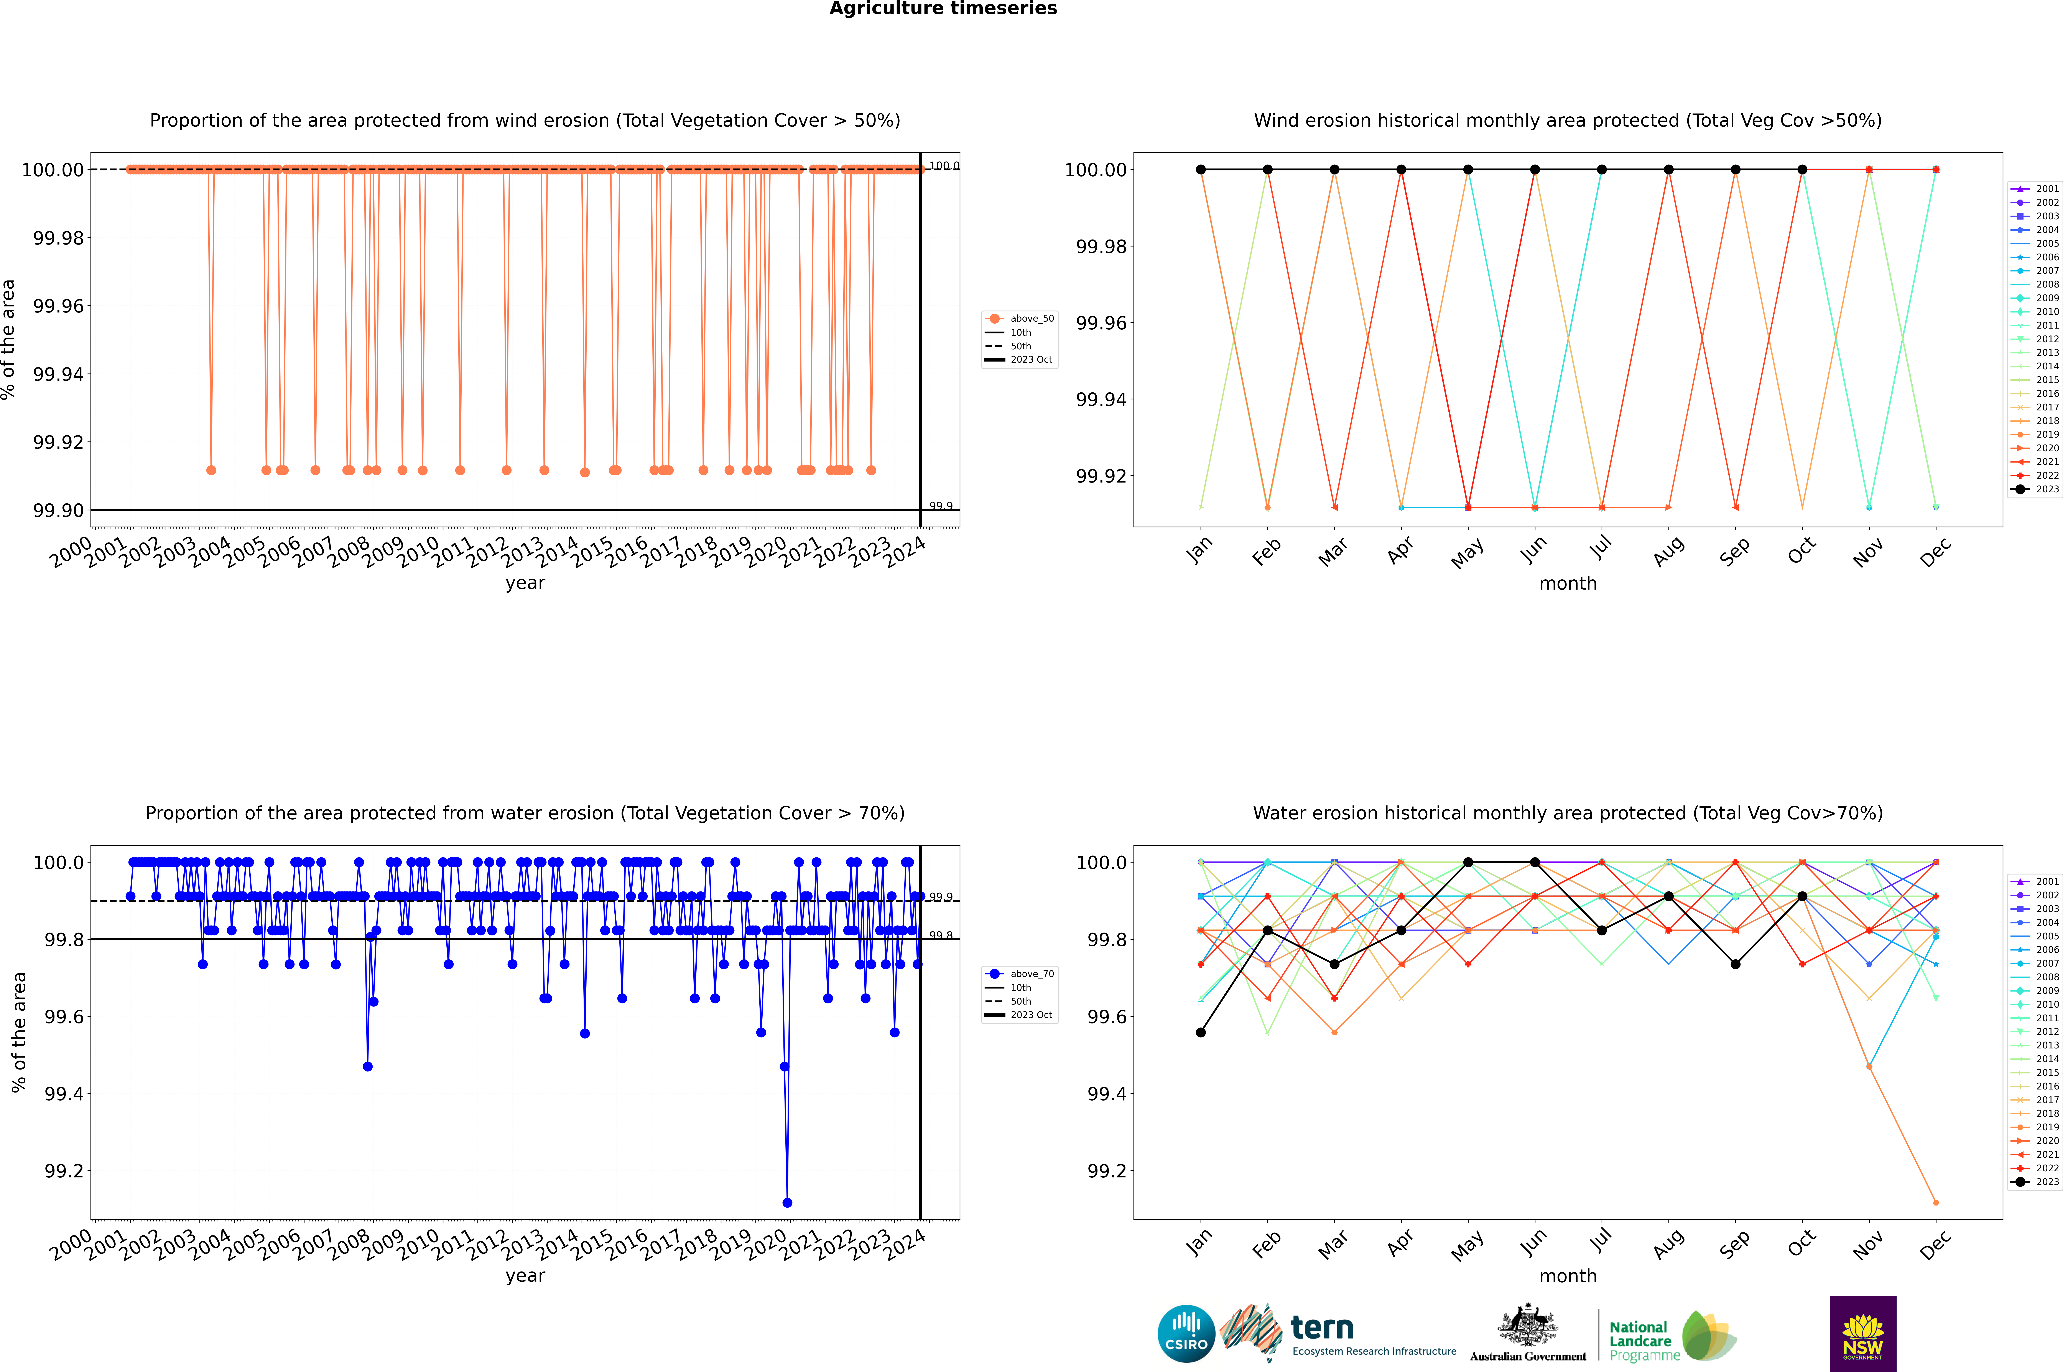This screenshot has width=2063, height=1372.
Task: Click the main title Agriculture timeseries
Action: point(943,9)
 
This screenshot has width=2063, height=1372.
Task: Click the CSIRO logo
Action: point(1186,1334)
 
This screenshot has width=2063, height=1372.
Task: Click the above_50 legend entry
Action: point(1020,319)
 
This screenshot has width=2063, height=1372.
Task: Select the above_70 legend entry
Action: point(1020,974)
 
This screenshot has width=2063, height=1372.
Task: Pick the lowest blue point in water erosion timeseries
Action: point(787,1202)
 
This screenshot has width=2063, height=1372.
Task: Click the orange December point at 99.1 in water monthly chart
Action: point(1935,1202)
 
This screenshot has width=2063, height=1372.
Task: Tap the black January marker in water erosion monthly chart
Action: point(1201,1033)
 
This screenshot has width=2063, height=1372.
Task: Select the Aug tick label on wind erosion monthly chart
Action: point(1668,551)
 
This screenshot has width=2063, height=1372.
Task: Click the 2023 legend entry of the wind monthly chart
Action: point(2038,489)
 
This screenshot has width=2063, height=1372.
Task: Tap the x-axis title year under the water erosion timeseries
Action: point(525,1276)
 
